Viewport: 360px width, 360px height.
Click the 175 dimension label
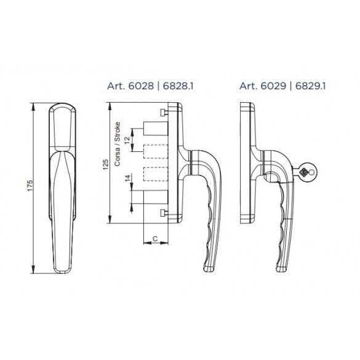tap(31, 185)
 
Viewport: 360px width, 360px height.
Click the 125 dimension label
tap(106, 164)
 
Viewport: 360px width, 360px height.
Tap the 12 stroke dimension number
tap(127, 140)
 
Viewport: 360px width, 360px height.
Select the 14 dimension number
tap(127, 178)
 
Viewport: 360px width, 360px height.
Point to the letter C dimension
tap(155, 239)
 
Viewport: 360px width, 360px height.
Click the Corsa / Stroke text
tap(117, 144)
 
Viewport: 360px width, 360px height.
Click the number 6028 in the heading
tap(141, 86)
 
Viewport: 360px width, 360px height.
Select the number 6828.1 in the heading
tap(178, 86)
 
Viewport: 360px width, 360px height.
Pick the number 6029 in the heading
tap(273, 86)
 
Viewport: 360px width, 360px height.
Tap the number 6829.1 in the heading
tap(310, 86)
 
